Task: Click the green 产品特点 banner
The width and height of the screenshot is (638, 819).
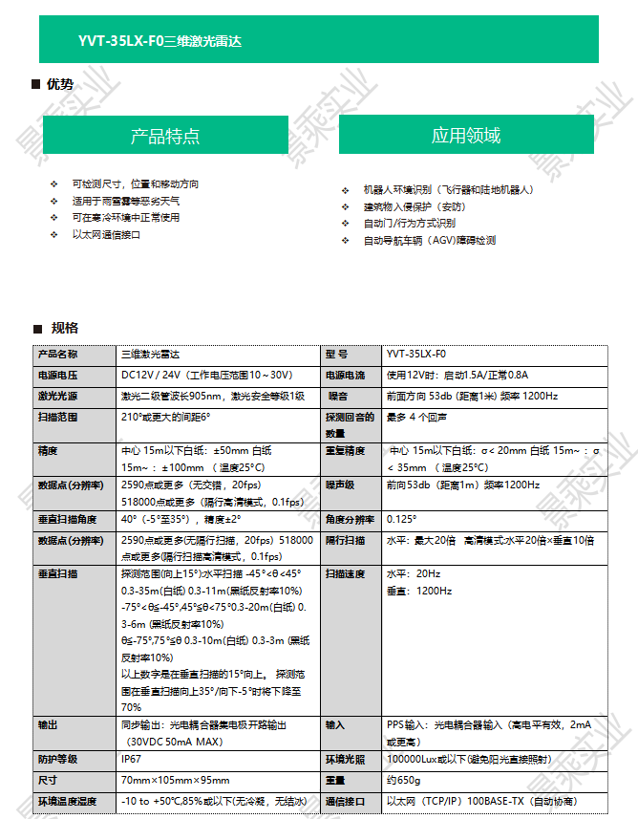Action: [165, 135]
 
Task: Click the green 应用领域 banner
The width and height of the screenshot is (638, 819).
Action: [466, 135]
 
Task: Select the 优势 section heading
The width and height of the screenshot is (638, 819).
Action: [59, 84]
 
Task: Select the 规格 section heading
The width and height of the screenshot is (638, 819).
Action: [64, 328]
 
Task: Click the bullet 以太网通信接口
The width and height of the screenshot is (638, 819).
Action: [106, 234]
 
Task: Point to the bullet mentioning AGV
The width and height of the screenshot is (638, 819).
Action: [429, 241]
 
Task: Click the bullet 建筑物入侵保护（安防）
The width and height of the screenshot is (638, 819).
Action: [415, 206]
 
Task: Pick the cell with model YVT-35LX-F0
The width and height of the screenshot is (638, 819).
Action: [416, 354]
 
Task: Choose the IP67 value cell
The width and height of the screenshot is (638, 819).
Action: [132, 759]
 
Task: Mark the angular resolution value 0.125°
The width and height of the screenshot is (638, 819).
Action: [402, 519]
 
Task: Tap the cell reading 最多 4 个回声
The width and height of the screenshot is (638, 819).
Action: [417, 418]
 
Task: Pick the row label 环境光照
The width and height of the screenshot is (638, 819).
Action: [346, 759]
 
